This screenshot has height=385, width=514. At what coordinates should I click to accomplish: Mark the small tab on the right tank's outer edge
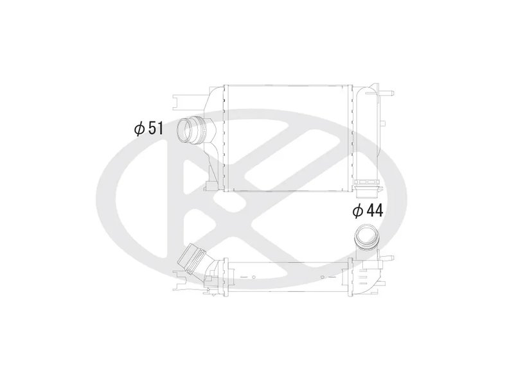click(384, 122)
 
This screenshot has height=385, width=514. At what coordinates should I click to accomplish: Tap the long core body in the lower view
click(286, 273)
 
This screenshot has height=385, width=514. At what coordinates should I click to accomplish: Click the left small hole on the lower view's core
click(254, 277)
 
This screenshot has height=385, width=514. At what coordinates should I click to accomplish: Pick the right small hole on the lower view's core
click(322, 277)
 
